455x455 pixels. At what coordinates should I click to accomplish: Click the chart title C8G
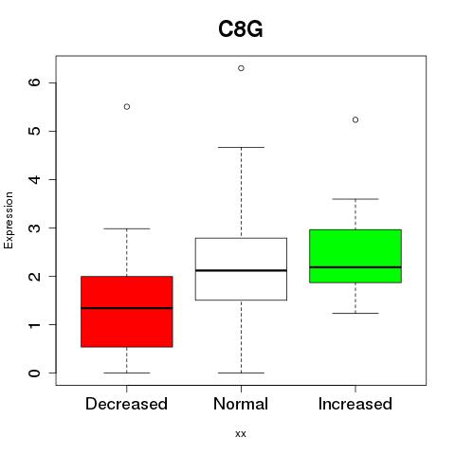(x=241, y=29)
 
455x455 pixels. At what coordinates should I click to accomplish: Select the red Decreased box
(x=127, y=312)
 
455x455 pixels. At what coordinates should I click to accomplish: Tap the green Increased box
(x=355, y=256)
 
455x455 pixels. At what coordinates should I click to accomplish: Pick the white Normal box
(x=241, y=269)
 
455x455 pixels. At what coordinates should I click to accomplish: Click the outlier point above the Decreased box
(x=127, y=107)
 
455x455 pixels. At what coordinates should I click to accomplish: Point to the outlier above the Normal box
(x=241, y=68)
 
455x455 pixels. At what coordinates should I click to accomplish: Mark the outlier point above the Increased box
(x=355, y=119)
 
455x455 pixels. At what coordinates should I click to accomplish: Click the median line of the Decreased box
(x=127, y=308)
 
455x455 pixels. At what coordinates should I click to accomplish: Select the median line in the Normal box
(x=241, y=270)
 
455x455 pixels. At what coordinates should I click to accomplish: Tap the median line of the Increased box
(x=355, y=267)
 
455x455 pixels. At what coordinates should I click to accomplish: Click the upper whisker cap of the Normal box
(x=241, y=147)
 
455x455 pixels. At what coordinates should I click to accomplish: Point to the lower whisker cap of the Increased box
(x=355, y=313)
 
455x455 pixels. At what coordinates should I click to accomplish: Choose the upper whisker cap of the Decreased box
(x=127, y=228)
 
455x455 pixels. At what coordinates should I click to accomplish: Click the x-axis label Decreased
(x=126, y=404)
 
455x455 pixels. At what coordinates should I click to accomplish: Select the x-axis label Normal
(x=241, y=404)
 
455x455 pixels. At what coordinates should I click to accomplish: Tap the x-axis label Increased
(x=355, y=404)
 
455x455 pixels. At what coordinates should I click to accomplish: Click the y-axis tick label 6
(x=35, y=82)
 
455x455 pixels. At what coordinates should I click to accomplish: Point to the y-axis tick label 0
(x=35, y=373)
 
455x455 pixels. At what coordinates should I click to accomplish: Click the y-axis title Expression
(x=9, y=220)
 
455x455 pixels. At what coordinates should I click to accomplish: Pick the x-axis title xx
(x=241, y=434)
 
